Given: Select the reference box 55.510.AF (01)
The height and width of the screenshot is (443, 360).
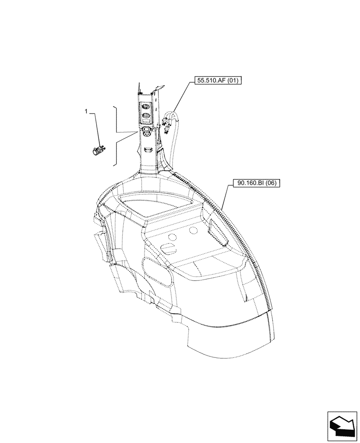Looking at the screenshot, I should [217, 81].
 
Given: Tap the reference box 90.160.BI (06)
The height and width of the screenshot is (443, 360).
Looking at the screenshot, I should [256, 183].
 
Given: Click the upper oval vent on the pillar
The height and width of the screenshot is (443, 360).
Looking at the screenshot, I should [146, 106].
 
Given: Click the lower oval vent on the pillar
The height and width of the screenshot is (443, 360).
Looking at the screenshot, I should [146, 116].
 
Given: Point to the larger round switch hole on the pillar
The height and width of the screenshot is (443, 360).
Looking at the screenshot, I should [146, 130].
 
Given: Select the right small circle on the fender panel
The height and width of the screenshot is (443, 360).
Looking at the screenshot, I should [193, 231].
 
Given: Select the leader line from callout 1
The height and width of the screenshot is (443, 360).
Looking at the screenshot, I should [95, 128].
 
